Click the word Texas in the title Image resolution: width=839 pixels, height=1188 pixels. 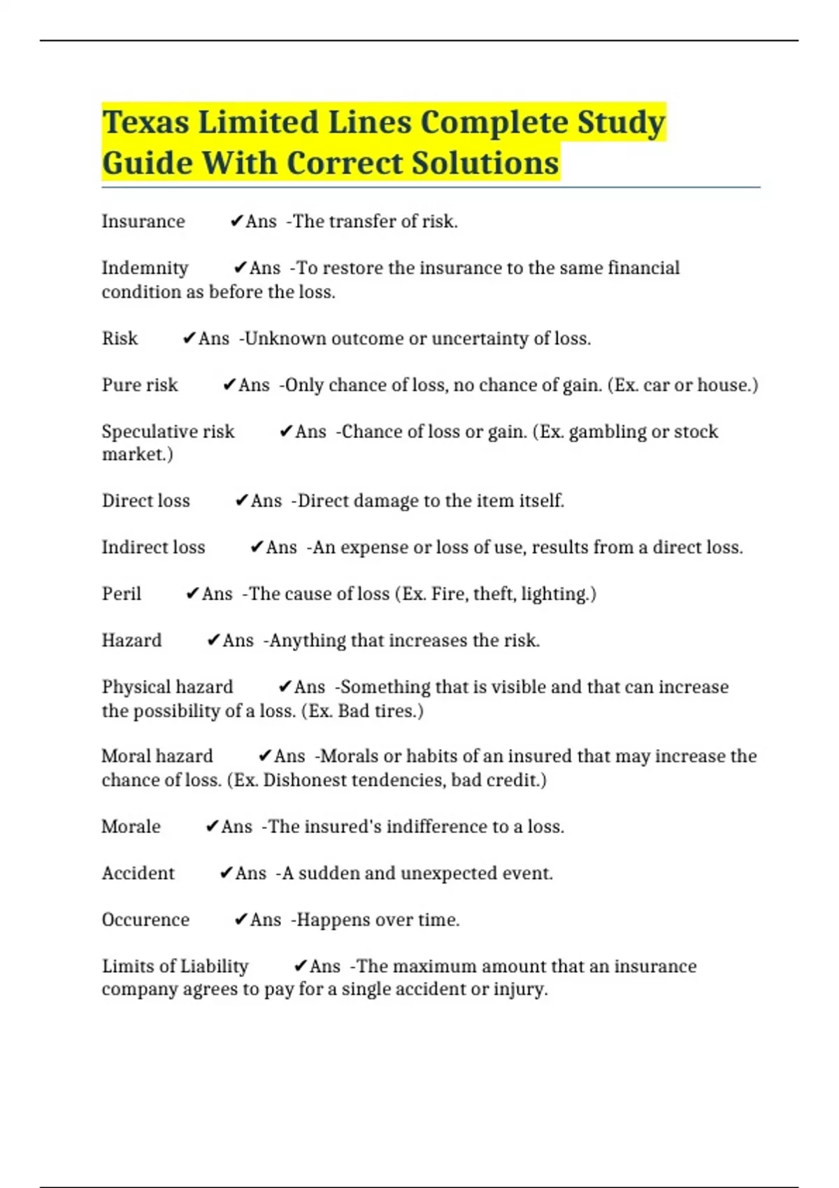tap(145, 123)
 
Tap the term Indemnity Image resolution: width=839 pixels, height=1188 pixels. tap(145, 268)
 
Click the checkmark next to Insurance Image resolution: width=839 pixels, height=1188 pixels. tap(236, 222)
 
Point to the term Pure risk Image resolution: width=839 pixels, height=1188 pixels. tap(140, 385)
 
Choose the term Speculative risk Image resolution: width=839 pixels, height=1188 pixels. tap(168, 432)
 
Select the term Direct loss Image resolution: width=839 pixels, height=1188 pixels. tap(145, 501)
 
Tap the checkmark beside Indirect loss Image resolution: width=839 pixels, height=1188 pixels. tap(257, 547)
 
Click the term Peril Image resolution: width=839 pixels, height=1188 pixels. tap(122, 594)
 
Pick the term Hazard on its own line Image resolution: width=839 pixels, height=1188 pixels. tap(131, 641)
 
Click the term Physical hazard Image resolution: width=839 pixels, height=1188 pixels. tap(167, 688)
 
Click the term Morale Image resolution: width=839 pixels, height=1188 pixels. tap(131, 827)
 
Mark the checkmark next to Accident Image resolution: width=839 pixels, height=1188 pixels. tap(226, 874)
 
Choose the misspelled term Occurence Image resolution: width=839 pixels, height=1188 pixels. tap(145, 920)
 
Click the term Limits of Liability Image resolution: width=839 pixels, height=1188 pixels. tap(175, 966)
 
